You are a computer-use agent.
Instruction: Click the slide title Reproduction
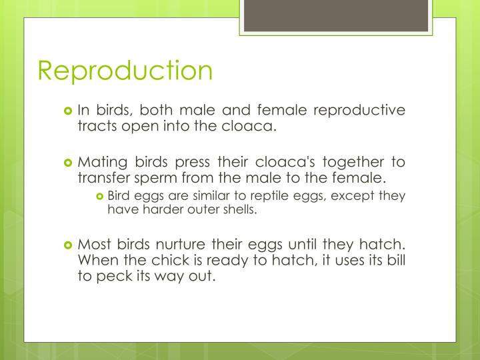click(x=125, y=71)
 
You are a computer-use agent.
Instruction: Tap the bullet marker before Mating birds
click(x=67, y=163)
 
